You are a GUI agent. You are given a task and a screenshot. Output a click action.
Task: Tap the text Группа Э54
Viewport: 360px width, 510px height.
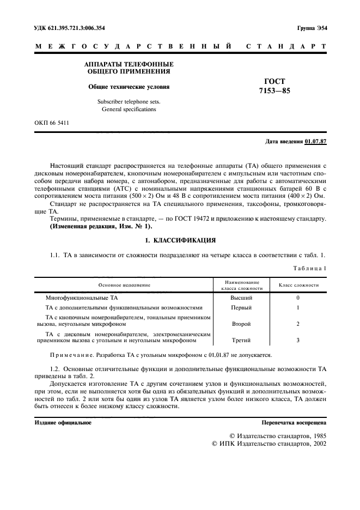click(x=312, y=28)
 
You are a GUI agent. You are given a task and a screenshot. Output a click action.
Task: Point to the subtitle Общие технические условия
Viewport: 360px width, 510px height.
click(x=129, y=87)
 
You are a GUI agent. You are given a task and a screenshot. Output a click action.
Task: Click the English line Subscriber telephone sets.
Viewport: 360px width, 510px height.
click(x=129, y=101)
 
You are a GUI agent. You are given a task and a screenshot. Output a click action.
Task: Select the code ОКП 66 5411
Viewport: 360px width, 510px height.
click(x=52, y=123)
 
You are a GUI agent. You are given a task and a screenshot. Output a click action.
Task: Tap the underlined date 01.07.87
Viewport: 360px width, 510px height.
click(x=315, y=142)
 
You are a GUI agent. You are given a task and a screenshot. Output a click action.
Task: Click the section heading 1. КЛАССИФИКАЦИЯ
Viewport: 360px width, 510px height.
click(x=179, y=240)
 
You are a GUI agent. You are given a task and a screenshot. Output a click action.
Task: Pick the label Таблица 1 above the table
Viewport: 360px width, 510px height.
click(x=309, y=268)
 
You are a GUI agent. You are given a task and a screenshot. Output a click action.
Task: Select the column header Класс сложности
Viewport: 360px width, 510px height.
click(x=298, y=285)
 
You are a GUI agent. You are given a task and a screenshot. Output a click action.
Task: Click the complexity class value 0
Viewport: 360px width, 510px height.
click(x=298, y=298)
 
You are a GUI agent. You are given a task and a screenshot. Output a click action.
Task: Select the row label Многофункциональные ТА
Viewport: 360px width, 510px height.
click(x=81, y=298)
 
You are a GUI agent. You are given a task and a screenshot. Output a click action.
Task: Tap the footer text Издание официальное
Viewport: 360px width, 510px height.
click(x=63, y=422)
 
